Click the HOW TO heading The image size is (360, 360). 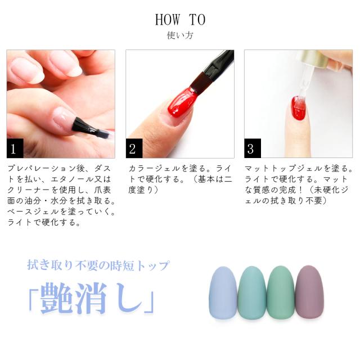(180, 20)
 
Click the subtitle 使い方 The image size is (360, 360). (180, 36)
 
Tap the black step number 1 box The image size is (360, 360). (15, 149)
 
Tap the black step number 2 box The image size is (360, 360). (134, 149)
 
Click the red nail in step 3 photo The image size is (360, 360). (299, 109)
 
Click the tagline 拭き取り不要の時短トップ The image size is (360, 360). (98, 265)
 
